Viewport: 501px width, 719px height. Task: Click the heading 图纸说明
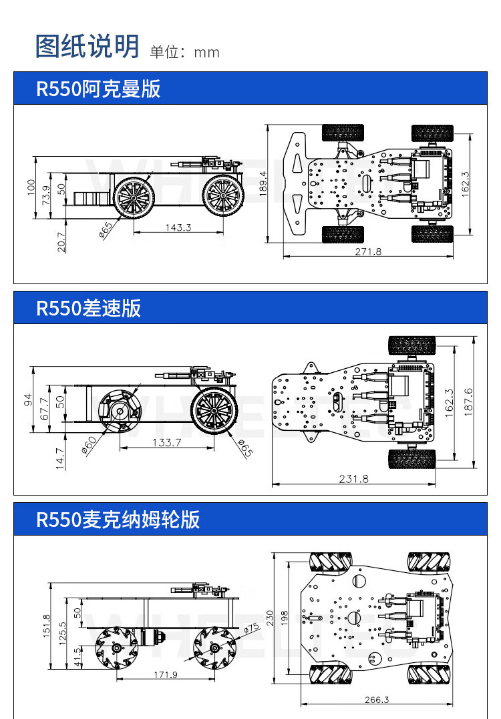pos(87,45)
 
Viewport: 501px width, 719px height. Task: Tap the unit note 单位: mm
pos(185,52)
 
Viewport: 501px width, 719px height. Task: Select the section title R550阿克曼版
pos(98,89)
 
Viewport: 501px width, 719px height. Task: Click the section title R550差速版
pos(88,308)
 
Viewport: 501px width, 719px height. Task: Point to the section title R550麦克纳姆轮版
pos(118,520)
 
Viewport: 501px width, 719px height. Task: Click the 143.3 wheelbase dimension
pos(178,227)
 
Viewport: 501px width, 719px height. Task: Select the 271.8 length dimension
pos(368,251)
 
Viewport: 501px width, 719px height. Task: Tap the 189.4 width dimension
pos(263,183)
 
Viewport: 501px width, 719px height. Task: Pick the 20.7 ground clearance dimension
pos(62,241)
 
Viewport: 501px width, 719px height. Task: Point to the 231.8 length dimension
pos(353,478)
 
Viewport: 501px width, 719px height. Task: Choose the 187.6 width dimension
pos(468,401)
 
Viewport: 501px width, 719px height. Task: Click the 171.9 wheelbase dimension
pos(166,674)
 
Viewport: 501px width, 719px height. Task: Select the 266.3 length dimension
pos(377,700)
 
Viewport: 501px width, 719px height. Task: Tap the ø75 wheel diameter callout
pos(251,627)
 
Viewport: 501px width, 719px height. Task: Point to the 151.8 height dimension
pos(46,626)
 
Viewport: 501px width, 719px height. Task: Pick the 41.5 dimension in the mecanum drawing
pos(77,657)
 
